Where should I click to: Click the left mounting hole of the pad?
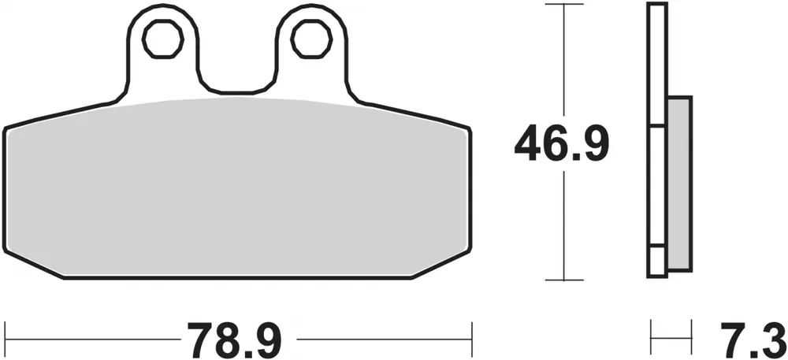[162, 39]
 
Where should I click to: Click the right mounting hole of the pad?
[311, 39]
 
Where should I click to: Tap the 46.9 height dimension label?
[562, 144]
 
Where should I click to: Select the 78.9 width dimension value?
[234, 340]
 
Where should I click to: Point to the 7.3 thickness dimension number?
[753, 340]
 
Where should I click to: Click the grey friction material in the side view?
[679, 184]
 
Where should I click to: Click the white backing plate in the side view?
[658, 139]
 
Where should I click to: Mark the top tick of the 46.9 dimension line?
[564, 4]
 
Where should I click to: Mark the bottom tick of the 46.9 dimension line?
[564, 280]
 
